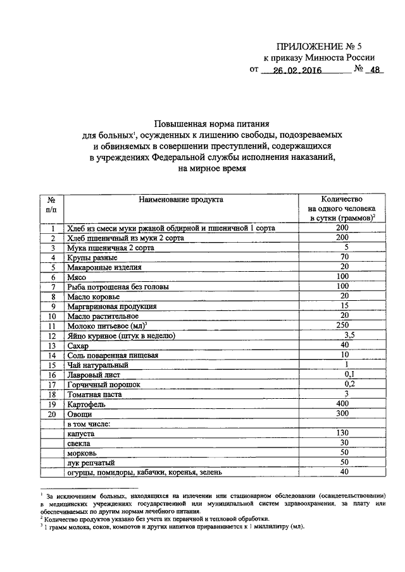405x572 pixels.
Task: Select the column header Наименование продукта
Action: [181, 200]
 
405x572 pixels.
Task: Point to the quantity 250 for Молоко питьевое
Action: [343, 324]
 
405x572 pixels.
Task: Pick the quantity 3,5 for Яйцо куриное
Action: [346, 335]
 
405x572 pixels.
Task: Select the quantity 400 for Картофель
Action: [343, 403]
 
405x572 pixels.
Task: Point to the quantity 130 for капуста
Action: [343, 433]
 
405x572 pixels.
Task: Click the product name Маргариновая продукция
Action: [103, 306]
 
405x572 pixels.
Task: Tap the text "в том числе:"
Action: [89, 423]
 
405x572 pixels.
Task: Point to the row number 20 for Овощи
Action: [53, 413]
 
